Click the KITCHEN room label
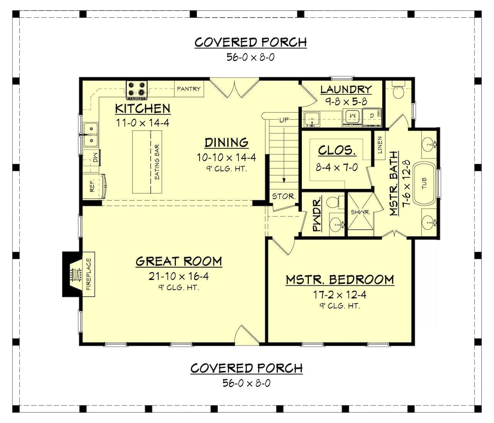tap(143, 109)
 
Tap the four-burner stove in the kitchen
tap(137, 90)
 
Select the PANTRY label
tap(189, 89)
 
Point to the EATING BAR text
tap(157, 162)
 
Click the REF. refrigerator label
tap(92, 186)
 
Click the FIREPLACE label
tap(88, 274)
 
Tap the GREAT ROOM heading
tap(179, 261)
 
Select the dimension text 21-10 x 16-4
tap(179, 276)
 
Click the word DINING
tap(226, 143)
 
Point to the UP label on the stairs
tap(284, 120)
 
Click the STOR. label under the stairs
tap(284, 196)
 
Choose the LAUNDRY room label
tap(346, 89)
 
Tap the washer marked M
tap(352, 116)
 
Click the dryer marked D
tap(372, 117)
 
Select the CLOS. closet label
tap(337, 150)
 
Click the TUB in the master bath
tap(425, 184)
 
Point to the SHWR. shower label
tap(360, 212)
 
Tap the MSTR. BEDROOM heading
tap(340, 280)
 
